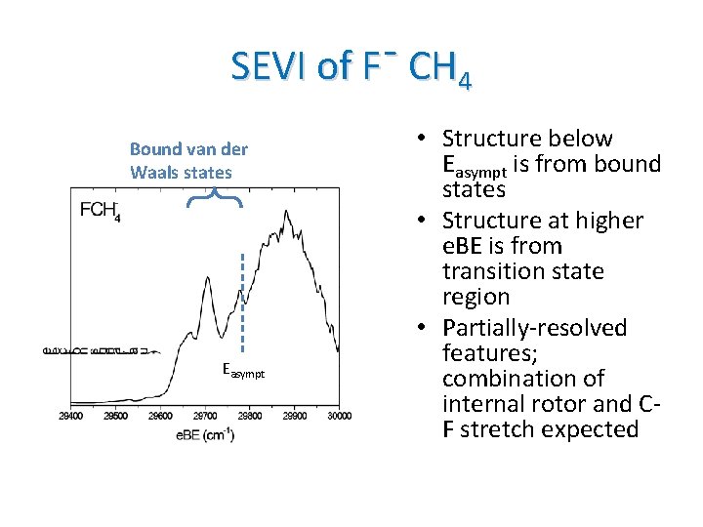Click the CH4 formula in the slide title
tap(440, 68)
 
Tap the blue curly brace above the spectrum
tap(214, 198)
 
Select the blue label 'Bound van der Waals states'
tap(188, 161)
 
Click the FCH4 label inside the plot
tap(101, 210)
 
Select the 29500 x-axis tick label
tap(116, 416)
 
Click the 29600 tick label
tap(161, 416)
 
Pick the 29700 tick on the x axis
tap(206, 416)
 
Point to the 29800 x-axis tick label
tap(250, 416)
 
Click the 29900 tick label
tap(295, 416)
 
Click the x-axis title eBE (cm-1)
tap(205, 434)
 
